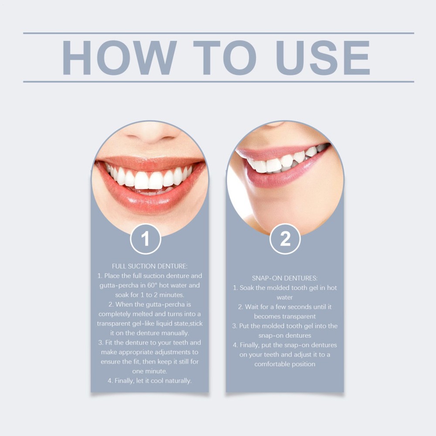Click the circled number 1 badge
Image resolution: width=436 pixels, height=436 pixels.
[x=146, y=239]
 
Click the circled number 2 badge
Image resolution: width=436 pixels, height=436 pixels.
[x=285, y=239]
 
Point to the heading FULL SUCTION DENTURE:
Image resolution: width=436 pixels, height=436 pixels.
[x=150, y=266]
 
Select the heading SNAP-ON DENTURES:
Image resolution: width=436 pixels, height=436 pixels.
[x=285, y=278]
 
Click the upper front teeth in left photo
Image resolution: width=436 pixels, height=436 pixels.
[x=150, y=179]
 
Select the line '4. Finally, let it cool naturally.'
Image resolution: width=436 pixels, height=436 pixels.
[x=150, y=381]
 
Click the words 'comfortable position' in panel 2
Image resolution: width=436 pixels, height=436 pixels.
[x=285, y=364]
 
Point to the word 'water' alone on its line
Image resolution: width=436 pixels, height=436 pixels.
[x=285, y=297]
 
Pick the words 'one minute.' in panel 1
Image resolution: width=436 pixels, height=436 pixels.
[x=150, y=371]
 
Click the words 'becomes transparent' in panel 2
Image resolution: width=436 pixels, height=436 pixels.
[x=285, y=316]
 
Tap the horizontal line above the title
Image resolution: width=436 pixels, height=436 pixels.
[x=218, y=33]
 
